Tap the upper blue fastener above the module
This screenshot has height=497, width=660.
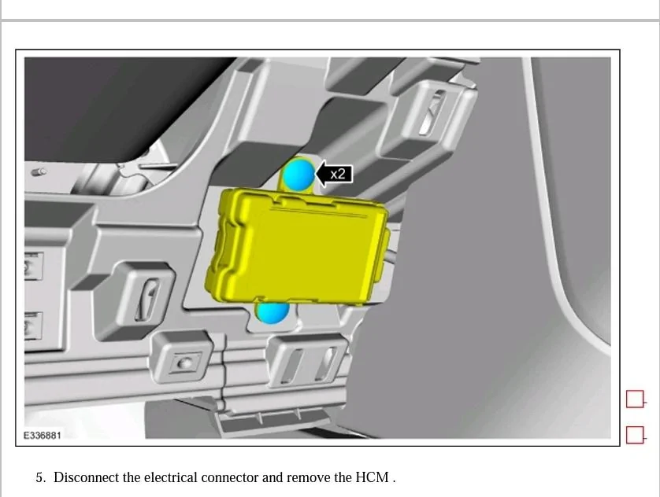click(298, 175)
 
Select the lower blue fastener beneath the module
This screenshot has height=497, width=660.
click(273, 311)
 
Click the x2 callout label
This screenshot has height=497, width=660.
click(337, 174)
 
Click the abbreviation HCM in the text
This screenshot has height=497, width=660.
click(372, 477)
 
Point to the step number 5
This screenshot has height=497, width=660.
click(40, 477)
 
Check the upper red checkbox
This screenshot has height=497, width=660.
click(635, 399)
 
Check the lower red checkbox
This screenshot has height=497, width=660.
click(635, 434)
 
